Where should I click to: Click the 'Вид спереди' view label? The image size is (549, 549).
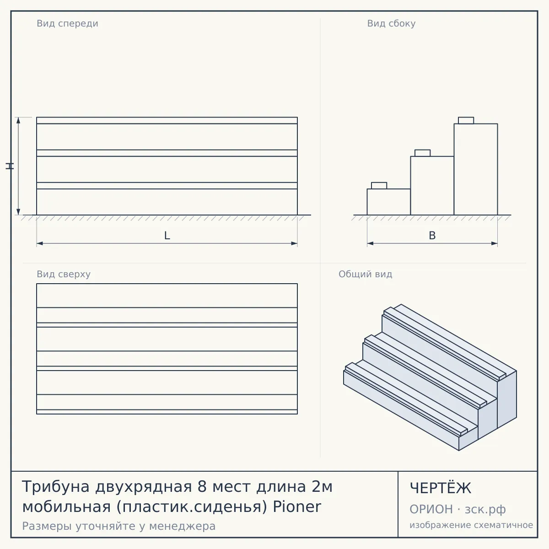[68, 23]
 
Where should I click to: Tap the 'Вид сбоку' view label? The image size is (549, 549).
[391, 23]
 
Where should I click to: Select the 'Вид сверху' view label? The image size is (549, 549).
[64, 274]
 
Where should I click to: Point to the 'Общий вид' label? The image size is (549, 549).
[365, 274]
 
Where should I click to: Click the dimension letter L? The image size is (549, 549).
[167, 236]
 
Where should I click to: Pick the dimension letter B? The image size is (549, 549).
[432, 236]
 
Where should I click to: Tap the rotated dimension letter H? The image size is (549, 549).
[10, 166]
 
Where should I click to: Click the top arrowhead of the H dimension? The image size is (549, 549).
[18, 120]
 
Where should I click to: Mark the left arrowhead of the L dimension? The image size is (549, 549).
[40, 243]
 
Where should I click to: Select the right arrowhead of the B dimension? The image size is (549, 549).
[494, 243]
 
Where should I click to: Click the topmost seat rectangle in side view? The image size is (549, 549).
[466, 120]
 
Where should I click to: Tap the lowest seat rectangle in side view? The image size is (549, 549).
[379, 185]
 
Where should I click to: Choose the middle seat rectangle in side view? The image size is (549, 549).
[423, 153]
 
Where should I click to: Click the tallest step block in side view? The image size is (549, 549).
[476, 169]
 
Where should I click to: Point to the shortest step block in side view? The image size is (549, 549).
[388, 202]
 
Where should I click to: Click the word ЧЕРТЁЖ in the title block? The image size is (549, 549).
[441, 488]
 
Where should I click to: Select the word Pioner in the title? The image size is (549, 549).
[297, 506]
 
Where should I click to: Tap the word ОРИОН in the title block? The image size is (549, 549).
[431, 509]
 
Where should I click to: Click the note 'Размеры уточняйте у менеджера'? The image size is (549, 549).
[119, 526]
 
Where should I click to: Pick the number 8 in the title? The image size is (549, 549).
[202, 487]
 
